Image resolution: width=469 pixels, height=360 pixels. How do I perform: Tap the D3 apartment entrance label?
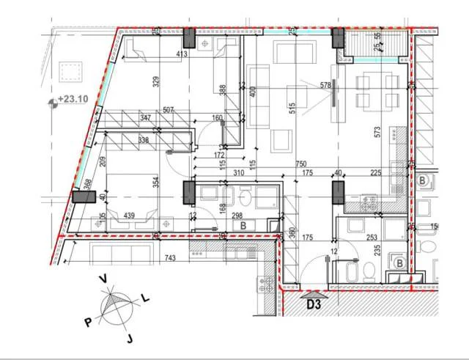(x=315, y=303)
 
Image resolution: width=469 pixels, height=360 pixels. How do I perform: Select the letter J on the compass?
(x=129, y=338)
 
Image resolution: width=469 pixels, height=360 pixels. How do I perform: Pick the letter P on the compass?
(x=87, y=321)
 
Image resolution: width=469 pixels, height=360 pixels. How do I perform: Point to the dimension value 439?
(x=129, y=215)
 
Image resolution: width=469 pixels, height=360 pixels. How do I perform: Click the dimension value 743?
(x=171, y=258)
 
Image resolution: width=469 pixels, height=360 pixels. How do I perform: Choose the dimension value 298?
(x=237, y=216)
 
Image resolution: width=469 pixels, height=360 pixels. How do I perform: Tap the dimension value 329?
(x=155, y=81)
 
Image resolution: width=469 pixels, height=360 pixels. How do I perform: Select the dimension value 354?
(x=155, y=183)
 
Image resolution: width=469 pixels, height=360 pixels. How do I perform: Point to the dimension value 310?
(x=238, y=173)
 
